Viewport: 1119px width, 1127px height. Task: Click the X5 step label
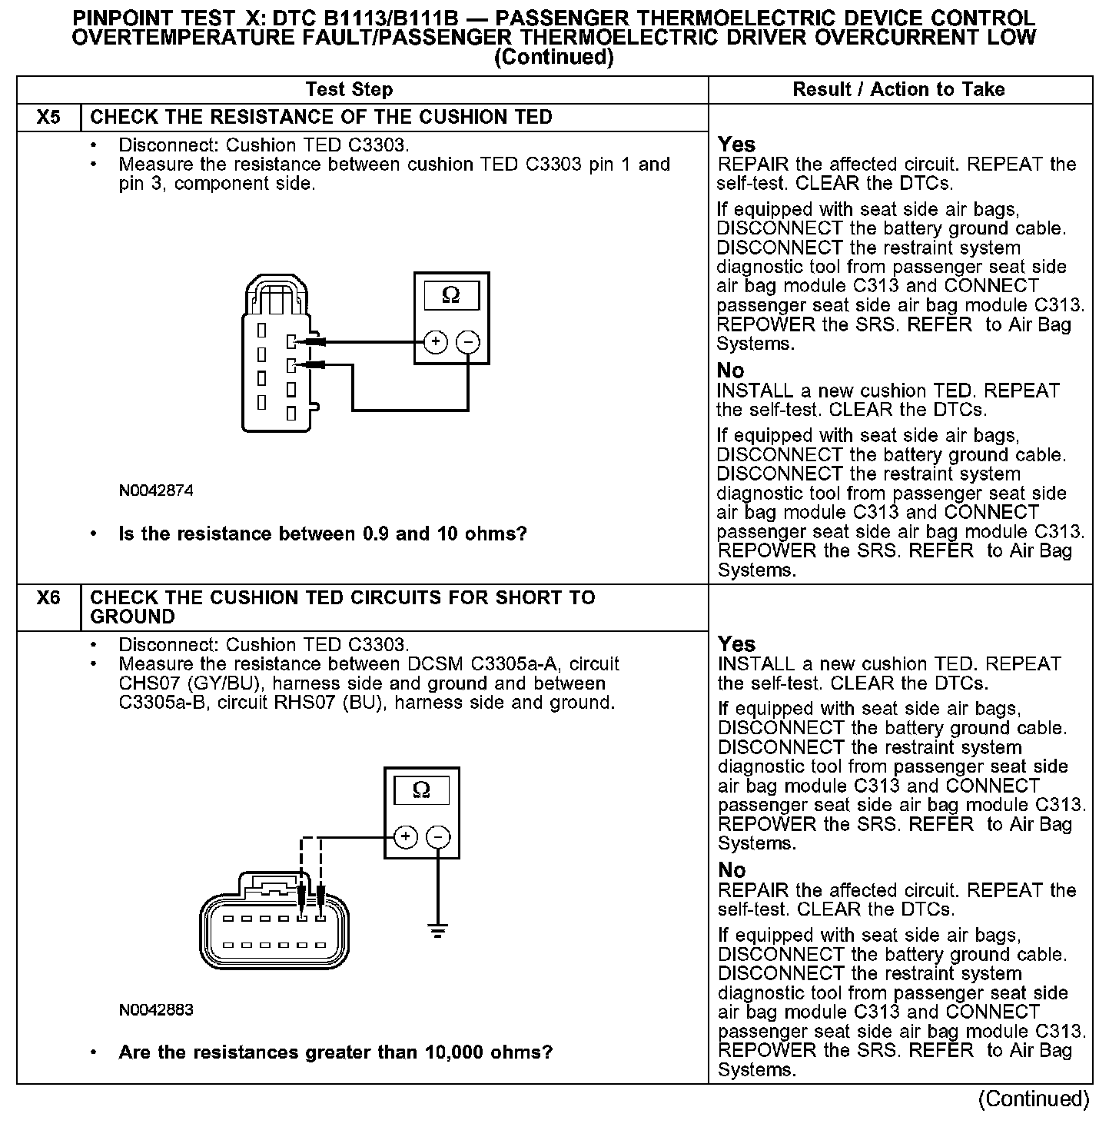point(48,118)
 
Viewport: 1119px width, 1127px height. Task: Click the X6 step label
point(48,598)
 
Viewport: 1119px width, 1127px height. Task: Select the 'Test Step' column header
point(349,90)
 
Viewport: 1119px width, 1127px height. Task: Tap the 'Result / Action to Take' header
point(898,90)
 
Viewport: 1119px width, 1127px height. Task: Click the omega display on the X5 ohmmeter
point(451,296)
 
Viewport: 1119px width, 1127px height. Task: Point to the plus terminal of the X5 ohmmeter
point(435,342)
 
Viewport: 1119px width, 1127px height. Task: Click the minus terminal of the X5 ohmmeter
point(468,342)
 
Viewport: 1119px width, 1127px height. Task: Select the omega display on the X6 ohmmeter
point(421,790)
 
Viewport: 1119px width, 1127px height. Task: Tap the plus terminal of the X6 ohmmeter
point(405,837)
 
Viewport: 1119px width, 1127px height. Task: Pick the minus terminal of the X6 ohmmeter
point(438,837)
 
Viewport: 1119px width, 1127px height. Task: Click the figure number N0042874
point(156,490)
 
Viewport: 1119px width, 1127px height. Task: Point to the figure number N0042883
point(156,1009)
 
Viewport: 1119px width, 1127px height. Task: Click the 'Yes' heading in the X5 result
point(736,145)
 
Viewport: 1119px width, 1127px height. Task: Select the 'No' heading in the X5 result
point(730,371)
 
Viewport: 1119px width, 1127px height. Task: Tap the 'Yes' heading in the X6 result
point(736,644)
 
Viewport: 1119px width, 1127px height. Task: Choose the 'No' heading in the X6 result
point(732,870)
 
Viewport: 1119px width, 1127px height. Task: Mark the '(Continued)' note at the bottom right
point(1034,1099)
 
